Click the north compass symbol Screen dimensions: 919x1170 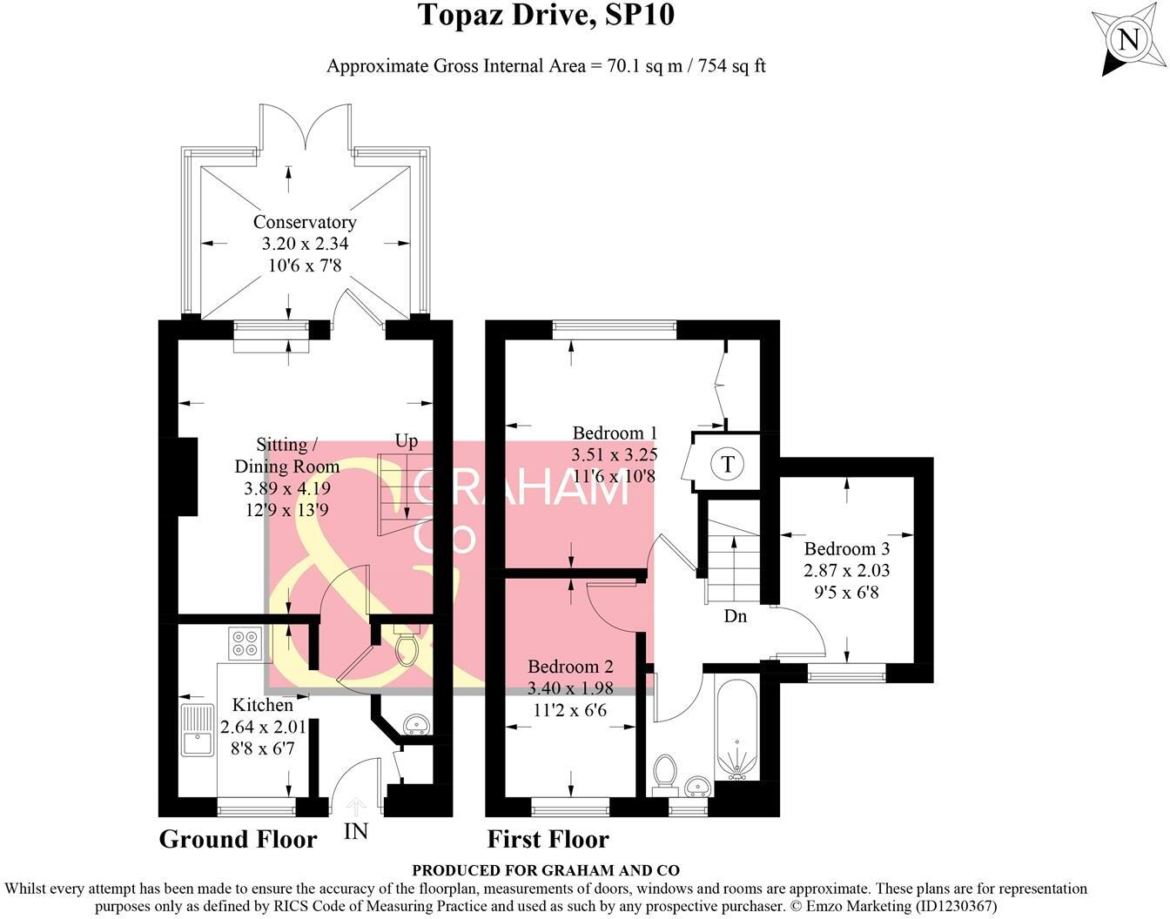pos(1127,40)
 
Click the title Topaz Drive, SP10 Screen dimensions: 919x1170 pos(546,15)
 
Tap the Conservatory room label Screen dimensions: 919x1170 pos(305,222)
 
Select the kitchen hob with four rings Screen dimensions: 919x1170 pos(245,643)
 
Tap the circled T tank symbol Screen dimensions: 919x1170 pos(728,464)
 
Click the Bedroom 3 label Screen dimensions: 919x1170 pos(846,548)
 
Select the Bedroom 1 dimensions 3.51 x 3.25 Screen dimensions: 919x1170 pos(614,454)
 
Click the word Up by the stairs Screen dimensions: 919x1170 pos(407,441)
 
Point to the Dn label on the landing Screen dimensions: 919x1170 pos(736,616)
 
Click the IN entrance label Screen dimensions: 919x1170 pos(356,831)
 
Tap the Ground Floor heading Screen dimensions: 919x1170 pos(238,839)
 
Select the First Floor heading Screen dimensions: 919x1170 pos(548,839)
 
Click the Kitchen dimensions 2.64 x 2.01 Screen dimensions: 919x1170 pos(263,727)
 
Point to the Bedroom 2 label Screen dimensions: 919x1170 pos(570,667)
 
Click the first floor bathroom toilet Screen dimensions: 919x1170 pos(665,771)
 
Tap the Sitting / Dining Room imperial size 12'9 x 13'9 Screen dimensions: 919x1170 pos(287,510)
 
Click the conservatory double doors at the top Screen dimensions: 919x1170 pos(305,131)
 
